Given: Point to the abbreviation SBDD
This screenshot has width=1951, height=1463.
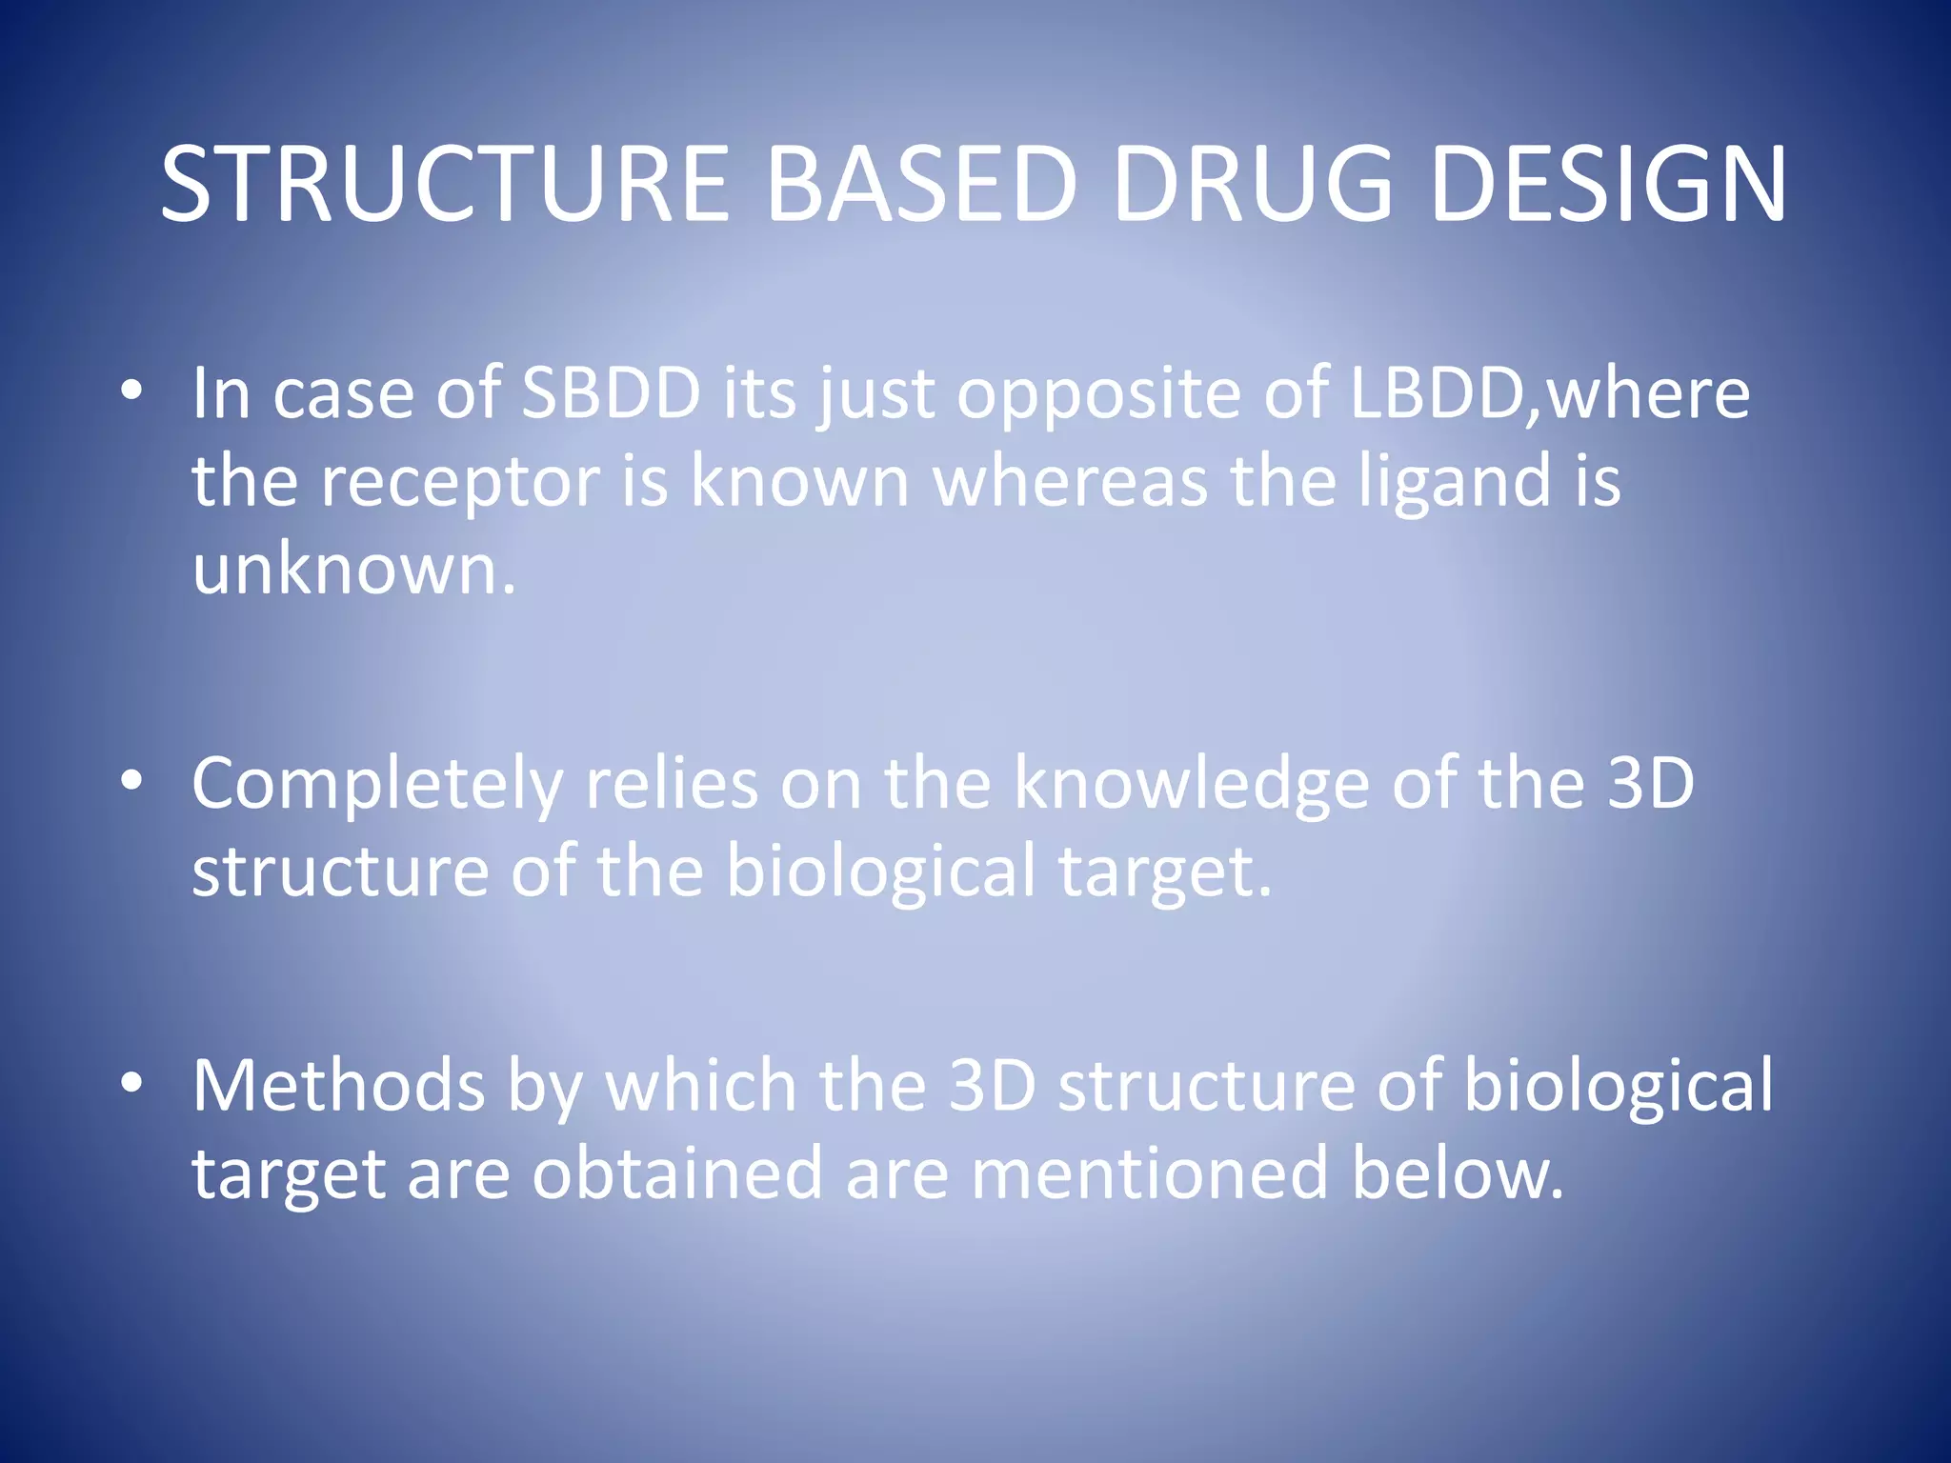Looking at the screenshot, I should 611,392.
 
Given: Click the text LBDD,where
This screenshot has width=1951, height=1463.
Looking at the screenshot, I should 1550,392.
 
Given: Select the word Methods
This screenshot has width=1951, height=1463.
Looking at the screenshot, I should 338,1086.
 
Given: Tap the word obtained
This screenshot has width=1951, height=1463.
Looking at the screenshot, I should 677,1174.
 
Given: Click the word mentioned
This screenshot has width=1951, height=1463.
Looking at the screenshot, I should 1149,1174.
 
